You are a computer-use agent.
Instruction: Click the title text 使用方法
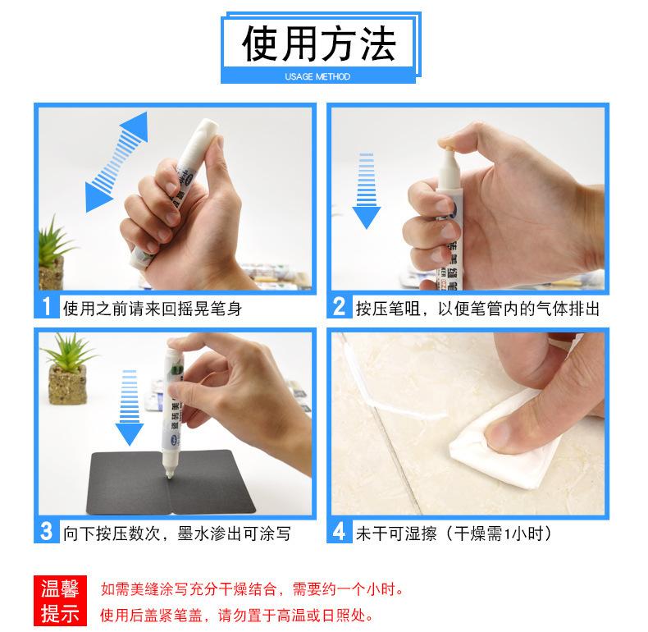point(319,44)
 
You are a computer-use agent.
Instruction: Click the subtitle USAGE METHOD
point(317,76)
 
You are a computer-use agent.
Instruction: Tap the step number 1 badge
point(47,306)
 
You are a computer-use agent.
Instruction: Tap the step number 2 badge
point(340,306)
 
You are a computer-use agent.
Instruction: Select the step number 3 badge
point(47,531)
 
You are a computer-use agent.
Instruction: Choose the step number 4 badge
point(340,531)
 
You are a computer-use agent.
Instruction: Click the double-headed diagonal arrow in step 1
point(116,162)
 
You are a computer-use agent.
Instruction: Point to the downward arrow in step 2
point(366,191)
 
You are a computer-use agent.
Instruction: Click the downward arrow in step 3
point(130,408)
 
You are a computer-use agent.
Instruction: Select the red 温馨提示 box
point(61,601)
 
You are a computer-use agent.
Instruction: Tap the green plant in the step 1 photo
point(52,252)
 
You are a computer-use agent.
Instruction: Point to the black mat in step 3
point(171,483)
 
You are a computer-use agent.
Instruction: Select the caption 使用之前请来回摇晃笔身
point(152,309)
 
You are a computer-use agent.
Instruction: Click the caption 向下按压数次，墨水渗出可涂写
point(177,534)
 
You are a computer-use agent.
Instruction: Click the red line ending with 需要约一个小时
point(252,589)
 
